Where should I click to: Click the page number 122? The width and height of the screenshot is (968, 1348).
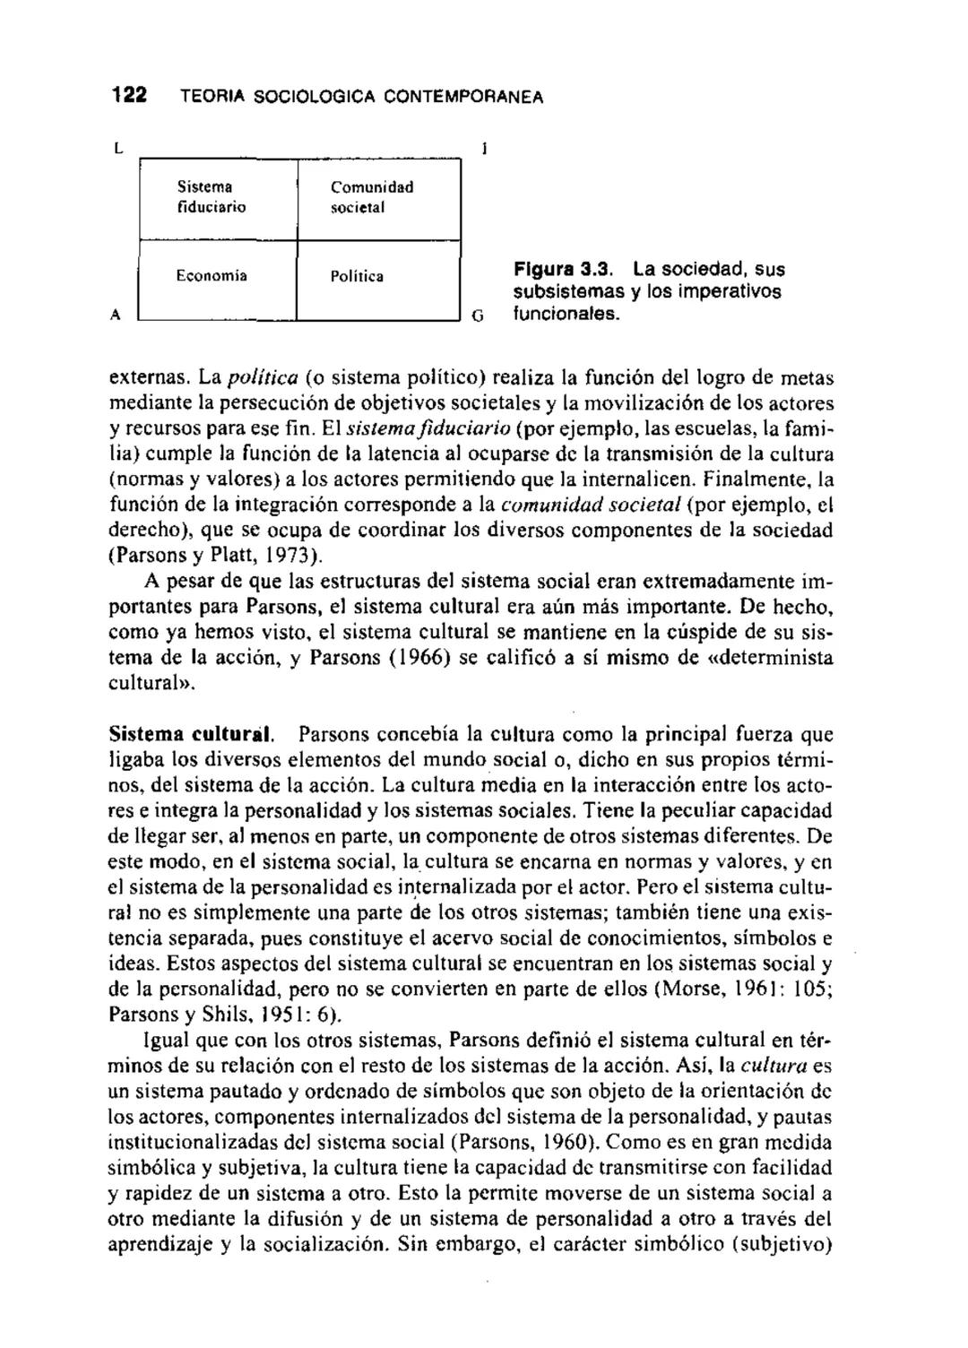click(128, 96)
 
